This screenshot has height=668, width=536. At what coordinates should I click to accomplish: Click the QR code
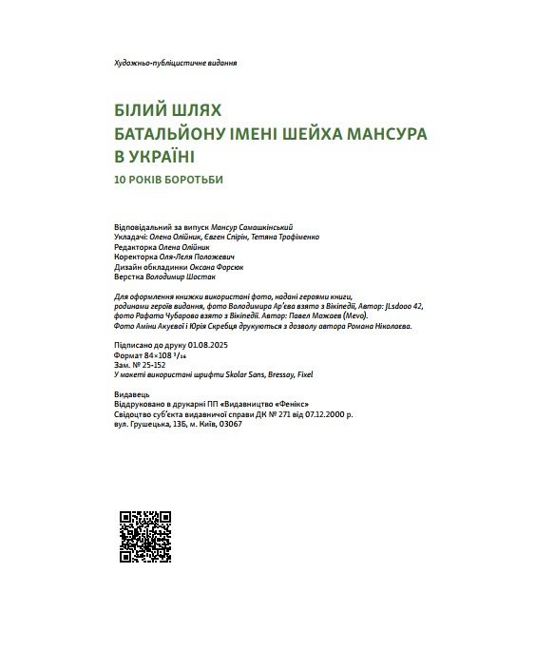(x=144, y=537)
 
